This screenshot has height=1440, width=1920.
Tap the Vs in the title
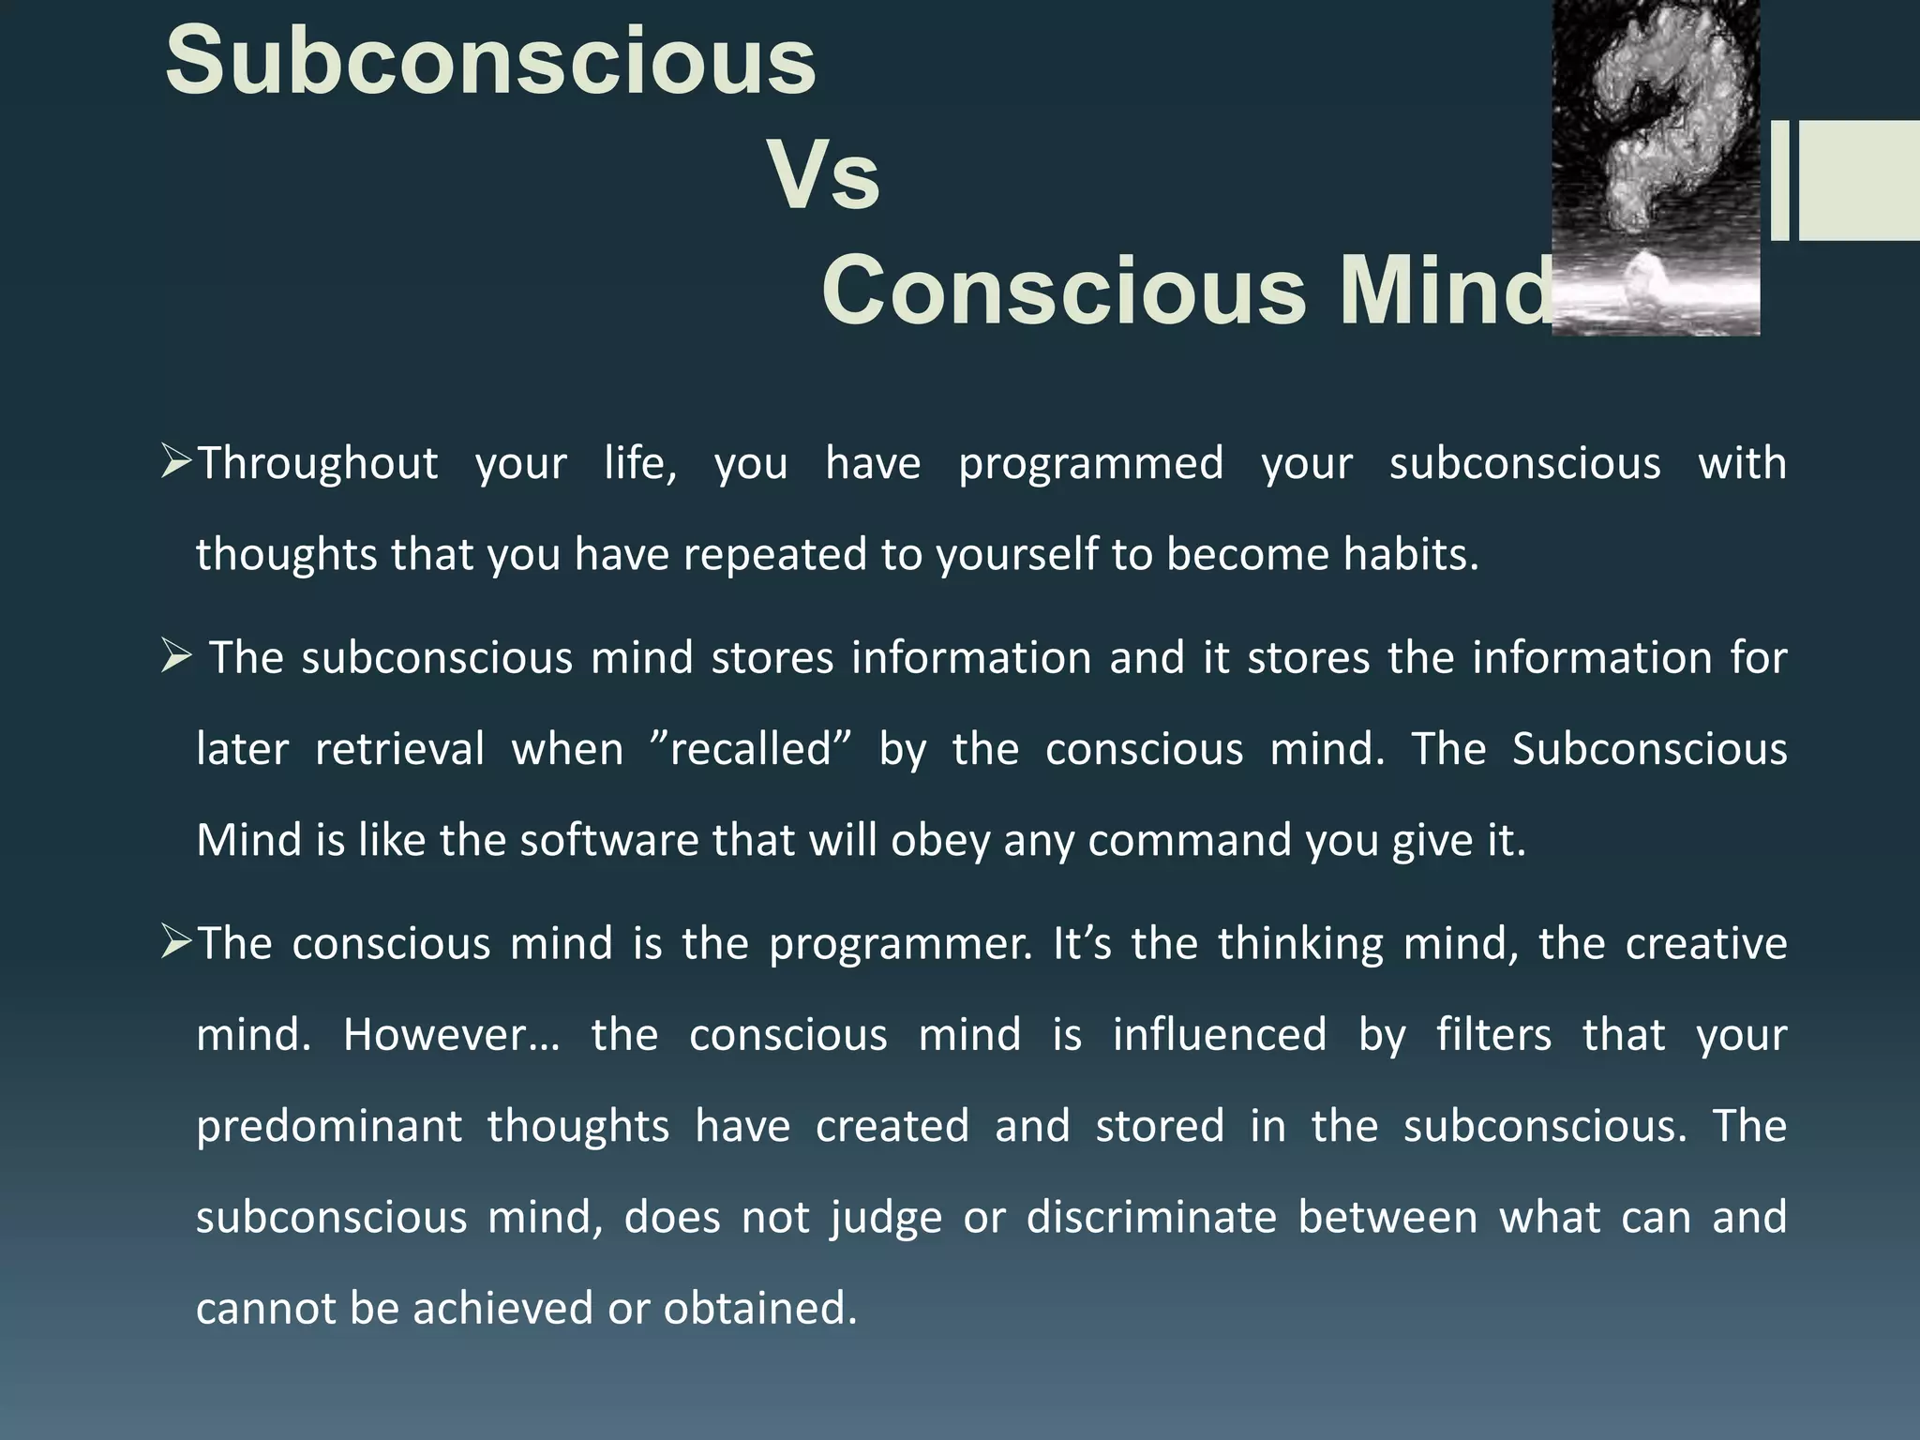coord(824,175)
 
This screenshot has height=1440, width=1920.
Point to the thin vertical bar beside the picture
coord(1779,180)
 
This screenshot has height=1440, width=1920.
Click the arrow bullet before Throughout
coord(176,461)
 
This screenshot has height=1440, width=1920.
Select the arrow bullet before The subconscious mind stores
coord(176,655)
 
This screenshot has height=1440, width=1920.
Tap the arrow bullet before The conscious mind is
coord(176,941)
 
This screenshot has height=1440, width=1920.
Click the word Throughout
coord(318,463)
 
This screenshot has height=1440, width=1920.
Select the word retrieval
coord(399,749)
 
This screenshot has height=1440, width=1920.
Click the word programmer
coord(899,944)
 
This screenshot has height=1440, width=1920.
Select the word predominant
coord(329,1126)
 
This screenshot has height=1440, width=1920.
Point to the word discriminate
coord(1151,1218)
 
